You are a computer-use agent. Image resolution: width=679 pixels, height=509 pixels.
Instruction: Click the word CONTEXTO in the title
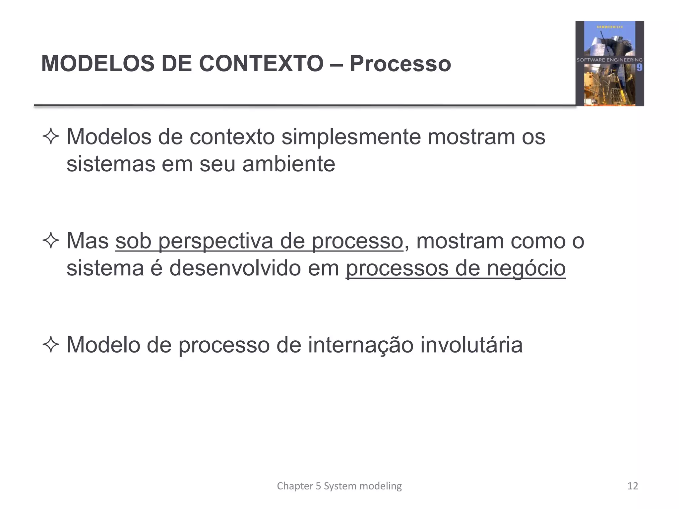pos(261,63)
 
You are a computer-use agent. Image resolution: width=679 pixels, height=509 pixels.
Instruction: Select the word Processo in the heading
pos(400,63)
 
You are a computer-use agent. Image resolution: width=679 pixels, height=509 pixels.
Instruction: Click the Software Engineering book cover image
pos(609,64)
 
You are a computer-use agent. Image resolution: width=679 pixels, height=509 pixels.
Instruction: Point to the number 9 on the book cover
pos(639,68)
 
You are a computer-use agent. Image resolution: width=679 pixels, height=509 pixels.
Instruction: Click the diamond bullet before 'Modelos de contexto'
pos(51,137)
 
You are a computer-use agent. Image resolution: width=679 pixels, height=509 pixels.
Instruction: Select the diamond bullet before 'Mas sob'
pos(51,241)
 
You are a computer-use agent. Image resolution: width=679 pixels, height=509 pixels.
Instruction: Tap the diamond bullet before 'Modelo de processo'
pos(51,345)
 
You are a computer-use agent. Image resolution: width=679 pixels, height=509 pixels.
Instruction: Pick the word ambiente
pos(288,164)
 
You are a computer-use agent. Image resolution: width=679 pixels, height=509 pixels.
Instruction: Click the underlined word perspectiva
pos(216,241)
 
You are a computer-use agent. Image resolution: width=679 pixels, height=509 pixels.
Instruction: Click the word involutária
pos(471,345)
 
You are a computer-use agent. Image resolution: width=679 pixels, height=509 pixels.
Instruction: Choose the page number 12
pos(633,486)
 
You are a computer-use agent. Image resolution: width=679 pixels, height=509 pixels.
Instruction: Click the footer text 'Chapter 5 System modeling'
pos(339,486)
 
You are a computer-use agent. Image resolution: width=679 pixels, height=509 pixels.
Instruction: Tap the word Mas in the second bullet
pos(88,241)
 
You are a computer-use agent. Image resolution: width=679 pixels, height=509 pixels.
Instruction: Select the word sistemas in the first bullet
pos(111,164)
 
